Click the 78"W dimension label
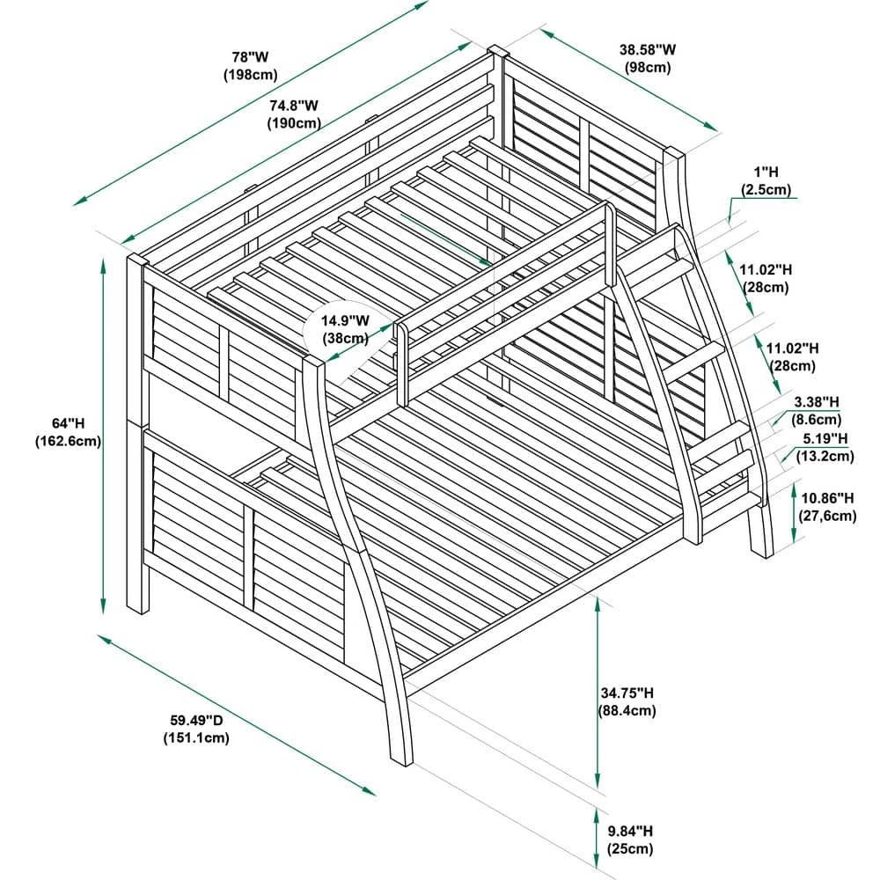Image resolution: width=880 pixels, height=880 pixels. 250,56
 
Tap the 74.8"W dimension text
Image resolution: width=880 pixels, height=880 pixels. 294,105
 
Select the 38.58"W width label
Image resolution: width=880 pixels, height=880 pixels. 648,49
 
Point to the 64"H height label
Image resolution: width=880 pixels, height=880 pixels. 68,423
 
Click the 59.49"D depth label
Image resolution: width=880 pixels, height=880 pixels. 196,720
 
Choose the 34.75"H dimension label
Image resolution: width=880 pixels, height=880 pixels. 627,693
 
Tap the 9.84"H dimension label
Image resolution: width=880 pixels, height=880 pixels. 630,831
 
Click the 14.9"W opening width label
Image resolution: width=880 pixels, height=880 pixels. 345,320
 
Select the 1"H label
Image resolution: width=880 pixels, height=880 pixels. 766,172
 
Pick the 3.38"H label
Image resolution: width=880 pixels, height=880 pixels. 817,402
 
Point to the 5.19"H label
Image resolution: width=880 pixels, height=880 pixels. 825,437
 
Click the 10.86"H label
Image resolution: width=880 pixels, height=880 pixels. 828,498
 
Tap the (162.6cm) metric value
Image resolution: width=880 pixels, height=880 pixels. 68,441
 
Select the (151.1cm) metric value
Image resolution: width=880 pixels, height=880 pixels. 196,737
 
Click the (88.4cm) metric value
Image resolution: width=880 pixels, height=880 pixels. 627,710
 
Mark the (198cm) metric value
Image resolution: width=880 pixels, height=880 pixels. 250,75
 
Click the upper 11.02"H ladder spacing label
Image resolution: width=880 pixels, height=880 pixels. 766,270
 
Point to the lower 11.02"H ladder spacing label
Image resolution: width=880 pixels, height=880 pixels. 793,348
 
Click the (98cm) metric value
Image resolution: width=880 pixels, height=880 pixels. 648,68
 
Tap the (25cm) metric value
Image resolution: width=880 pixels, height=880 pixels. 630,848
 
